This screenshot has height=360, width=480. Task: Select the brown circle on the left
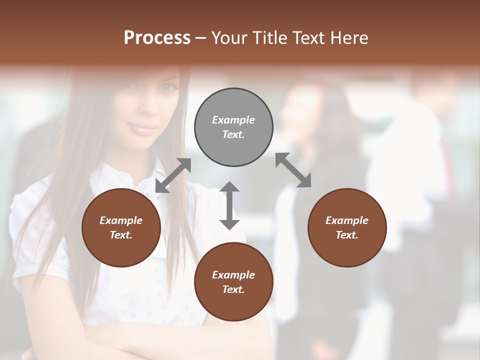coord(121,227)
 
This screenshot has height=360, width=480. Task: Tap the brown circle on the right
coord(347,227)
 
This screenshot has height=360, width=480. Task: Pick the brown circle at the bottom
coord(233,282)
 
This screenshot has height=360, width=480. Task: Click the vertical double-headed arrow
coord(229,205)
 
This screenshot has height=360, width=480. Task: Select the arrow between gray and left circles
coord(173,175)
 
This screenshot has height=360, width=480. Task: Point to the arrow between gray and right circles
coord(293,170)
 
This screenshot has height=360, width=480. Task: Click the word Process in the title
coord(157,37)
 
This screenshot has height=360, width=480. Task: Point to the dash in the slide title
coord(200,38)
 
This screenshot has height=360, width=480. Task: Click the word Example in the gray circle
coord(233,120)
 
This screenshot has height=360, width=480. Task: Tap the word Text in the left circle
coord(121,235)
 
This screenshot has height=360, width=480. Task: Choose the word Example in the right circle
coord(347,220)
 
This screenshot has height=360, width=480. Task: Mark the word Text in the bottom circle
coord(233,289)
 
